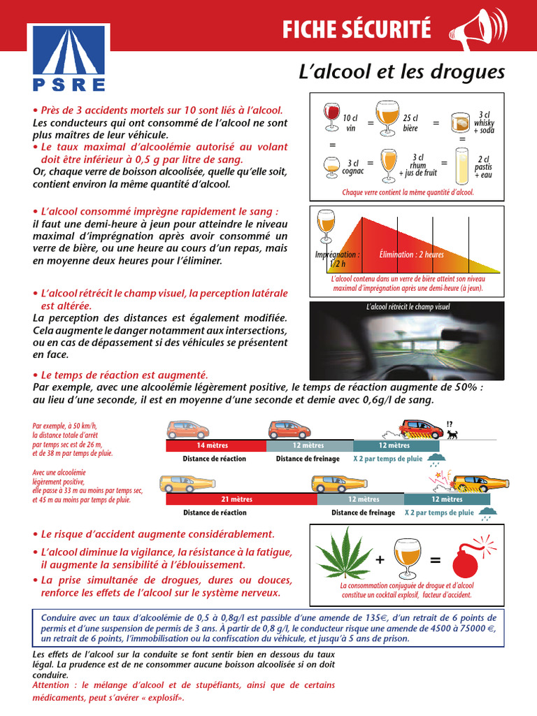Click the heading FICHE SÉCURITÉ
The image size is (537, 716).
point(357,29)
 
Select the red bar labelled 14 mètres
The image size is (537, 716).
point(213,445)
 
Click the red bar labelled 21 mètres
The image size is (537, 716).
point(241,499)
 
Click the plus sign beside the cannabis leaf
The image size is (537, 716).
point(380,560)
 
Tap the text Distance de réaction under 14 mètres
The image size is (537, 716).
point(214,459)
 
